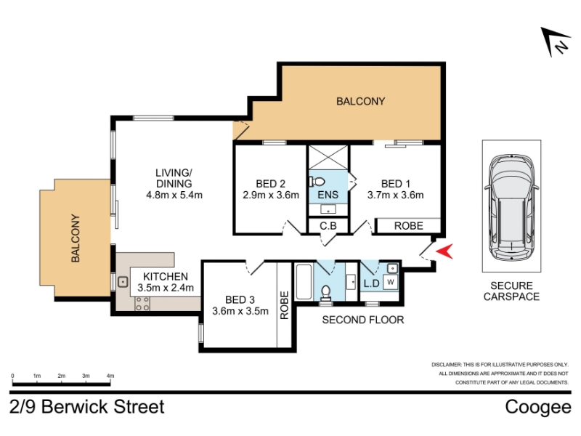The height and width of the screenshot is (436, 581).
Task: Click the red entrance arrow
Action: point(445,251)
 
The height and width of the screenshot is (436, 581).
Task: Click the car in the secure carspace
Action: point(511,208)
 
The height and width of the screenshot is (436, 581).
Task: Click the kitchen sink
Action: point(123,282)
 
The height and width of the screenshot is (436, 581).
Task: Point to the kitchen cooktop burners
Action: point(142,303)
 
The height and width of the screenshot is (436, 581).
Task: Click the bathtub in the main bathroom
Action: point(304,282)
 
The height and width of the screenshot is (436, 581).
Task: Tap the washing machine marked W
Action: point(391,282)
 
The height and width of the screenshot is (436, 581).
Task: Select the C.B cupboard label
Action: point(328,225)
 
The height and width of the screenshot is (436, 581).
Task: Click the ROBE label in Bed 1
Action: point(408,226)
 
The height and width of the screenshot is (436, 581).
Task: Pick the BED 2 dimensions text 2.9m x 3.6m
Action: point(271,195)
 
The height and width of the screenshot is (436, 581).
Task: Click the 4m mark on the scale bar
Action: point(110,376)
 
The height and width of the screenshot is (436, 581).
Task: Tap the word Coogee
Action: point(538,408)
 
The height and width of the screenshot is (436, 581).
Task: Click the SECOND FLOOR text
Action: point(362,320)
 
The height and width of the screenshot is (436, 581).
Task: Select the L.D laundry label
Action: point(371,283)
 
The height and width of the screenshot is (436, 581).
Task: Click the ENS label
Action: point(328,195)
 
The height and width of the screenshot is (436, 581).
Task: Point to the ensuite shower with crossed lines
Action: point(328,157)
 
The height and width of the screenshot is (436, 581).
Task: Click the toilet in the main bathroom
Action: point(325,293)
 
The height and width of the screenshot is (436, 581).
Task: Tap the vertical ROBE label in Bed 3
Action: point(284,305)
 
